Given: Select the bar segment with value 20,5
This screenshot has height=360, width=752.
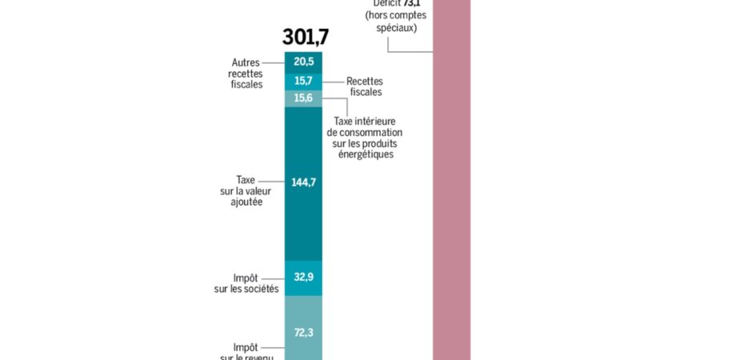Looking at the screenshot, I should [x=304, y=62].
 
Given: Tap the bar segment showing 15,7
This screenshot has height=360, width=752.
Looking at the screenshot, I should [x=304, y=82].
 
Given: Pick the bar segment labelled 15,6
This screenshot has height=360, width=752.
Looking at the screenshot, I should [x=304, y=98].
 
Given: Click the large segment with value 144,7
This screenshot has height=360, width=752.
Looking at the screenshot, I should [x=304, y=182].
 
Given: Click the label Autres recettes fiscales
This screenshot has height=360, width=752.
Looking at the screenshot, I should [x=246, y=73].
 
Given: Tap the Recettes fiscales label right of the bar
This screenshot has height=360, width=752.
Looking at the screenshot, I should [x=366, y=86].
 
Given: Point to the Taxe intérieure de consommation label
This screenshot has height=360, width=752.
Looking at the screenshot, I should [x=365, y=138].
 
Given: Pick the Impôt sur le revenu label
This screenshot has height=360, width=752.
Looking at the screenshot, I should [x=246, y=352].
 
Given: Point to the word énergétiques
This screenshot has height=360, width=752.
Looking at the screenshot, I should [x=365, y=154].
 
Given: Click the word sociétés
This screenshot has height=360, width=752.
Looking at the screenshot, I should [x=261, y=288].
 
